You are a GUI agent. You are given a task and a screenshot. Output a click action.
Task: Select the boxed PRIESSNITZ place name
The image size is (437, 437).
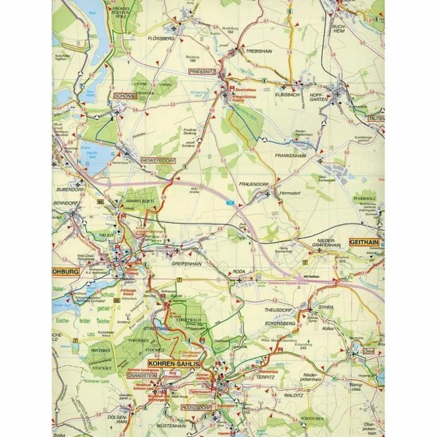click(x=202, y=72)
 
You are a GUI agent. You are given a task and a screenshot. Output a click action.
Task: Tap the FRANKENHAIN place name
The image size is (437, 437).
click(x=290, y=156)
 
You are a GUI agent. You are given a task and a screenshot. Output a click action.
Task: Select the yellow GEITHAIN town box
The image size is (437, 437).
click(x=364, y=242)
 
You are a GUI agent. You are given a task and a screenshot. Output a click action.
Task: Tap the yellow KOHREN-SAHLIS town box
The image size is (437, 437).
click(x=174, y=364)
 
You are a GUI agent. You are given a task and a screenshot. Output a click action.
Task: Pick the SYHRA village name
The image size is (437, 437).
click(x=326, y=307)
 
